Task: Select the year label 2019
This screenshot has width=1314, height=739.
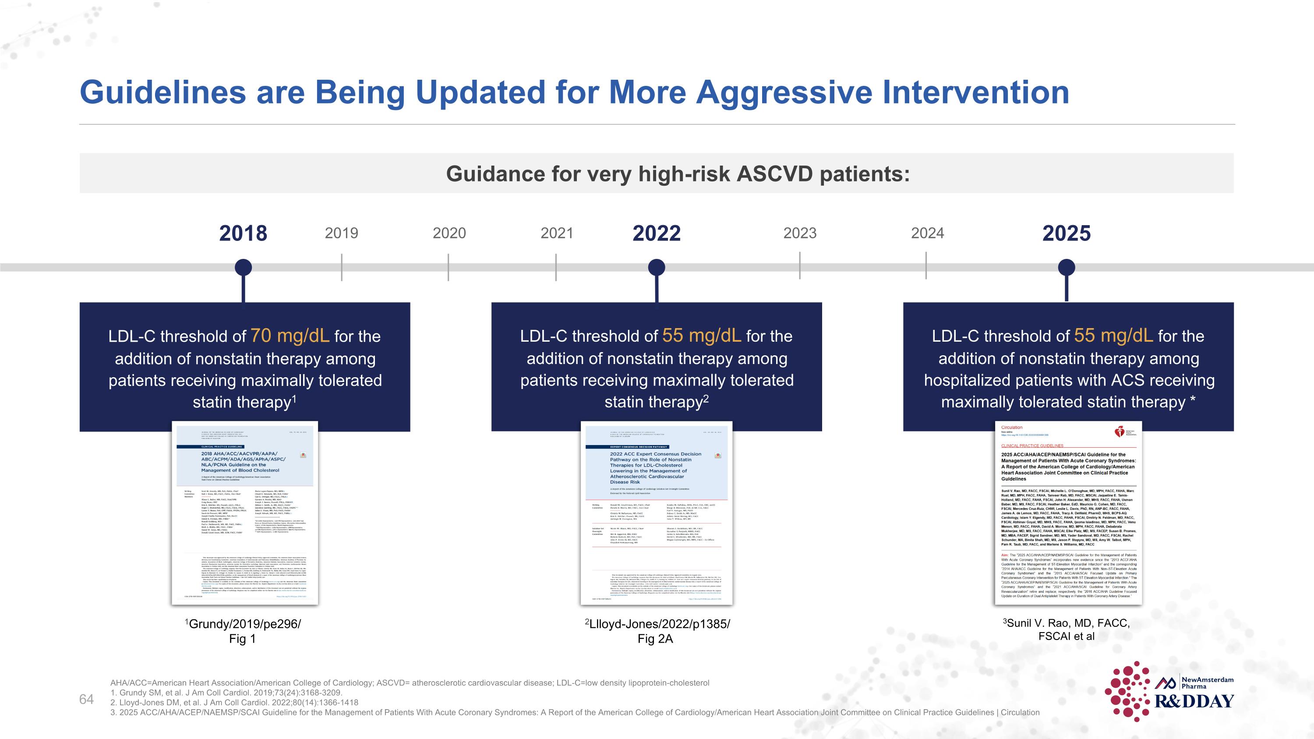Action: pos(341,233)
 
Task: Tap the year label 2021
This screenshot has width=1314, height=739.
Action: pos(557,233)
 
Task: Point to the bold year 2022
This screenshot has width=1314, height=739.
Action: pos(656,233)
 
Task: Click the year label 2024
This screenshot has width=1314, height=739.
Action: pos(927,233)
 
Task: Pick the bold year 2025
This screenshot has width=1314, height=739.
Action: pos(1066,233)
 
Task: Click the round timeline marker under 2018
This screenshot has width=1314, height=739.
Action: pos(244,267)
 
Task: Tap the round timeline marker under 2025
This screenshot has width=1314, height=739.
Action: pos(1066,267)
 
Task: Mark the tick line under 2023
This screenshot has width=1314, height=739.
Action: pos(799,266)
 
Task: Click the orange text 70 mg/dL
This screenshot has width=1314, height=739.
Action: pos(289,336)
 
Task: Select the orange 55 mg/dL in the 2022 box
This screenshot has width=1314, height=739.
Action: pos(701,336)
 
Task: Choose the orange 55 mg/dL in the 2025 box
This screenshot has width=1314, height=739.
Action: pos(1113,336)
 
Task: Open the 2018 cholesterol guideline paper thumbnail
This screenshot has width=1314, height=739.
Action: pos(245,513)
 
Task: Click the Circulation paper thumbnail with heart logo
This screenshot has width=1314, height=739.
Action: pos(1068,513)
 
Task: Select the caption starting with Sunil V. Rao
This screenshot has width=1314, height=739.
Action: pos(1066,629)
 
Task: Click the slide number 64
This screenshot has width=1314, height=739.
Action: pos(86,699)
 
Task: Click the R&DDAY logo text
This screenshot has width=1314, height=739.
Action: pos(1194,701)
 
